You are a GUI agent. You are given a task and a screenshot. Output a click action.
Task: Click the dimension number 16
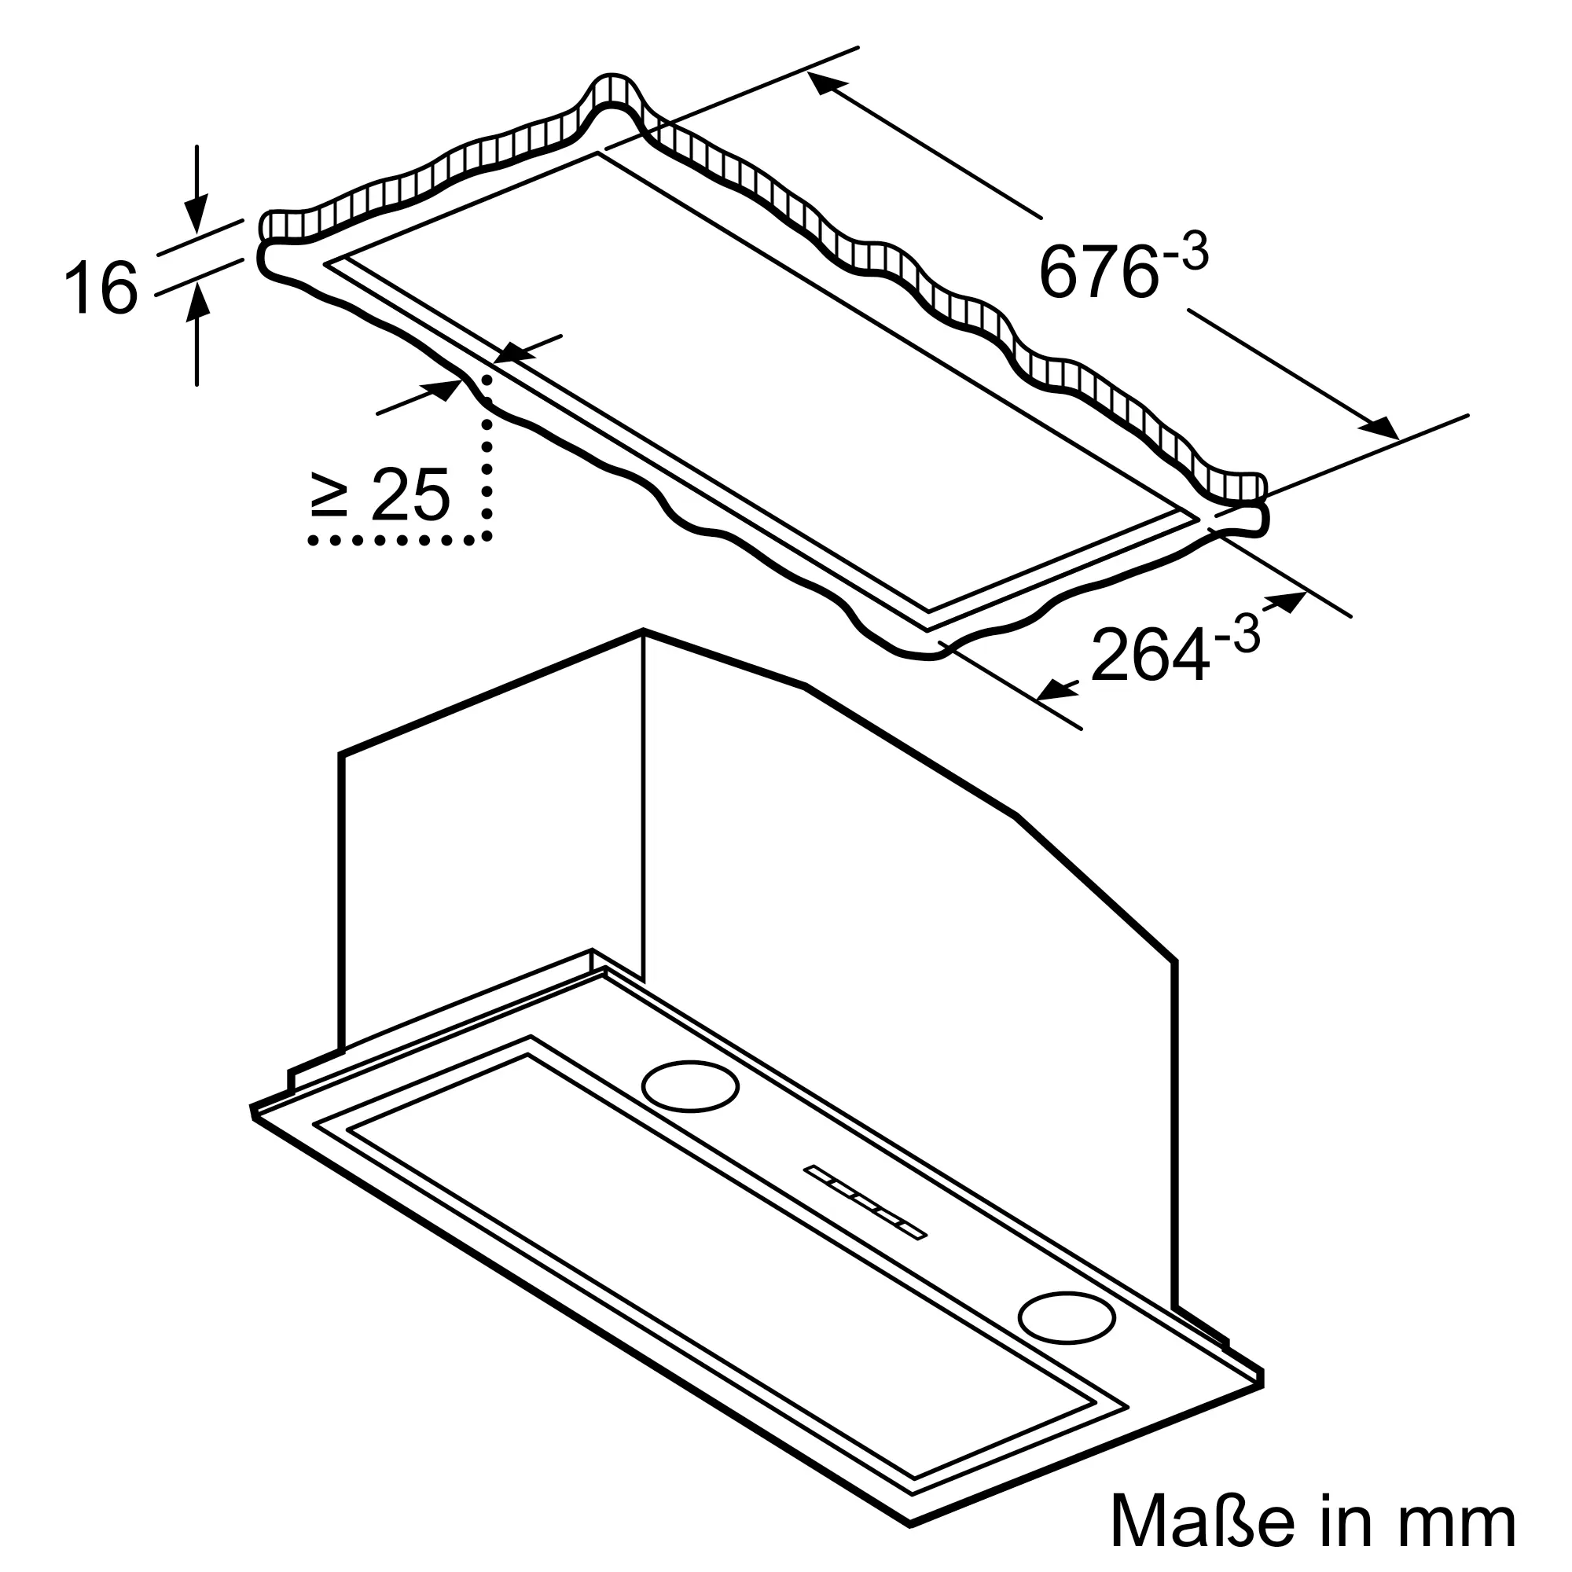[100, 287]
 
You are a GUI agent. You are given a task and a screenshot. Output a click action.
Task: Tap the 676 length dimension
[1097, 272]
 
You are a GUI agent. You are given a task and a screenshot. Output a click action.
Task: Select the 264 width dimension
[1148, 654]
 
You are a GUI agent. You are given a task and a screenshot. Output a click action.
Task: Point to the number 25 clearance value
[410, 494]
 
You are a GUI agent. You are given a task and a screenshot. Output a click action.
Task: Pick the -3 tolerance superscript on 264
[1236, 634]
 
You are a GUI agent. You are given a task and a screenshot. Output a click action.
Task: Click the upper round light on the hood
[690, 1085]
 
